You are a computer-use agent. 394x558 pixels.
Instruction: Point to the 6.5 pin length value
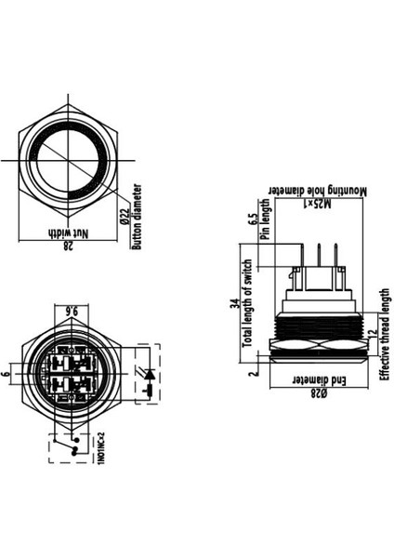(252, 220)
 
